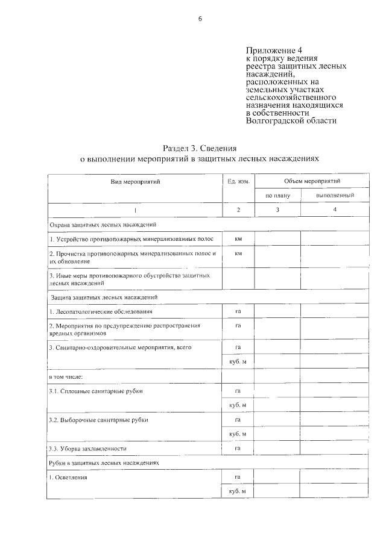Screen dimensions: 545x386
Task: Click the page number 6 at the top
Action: pyautogui.click(x=200, y=19)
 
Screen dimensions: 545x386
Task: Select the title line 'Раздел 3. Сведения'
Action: pyautogui.click(x=199, y=148)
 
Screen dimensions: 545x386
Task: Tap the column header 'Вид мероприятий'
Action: pyautogui.click(x=135, y=181)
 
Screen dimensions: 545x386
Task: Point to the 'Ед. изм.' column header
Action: pyautogui.click(x=238, y=181)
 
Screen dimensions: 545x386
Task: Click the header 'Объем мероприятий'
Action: pyautogui.click(x=312, y=181)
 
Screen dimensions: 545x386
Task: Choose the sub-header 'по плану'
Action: pyautogui.click(x=277, y=196)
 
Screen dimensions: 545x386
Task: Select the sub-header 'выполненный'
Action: pyautogui.click(x=335, y=196)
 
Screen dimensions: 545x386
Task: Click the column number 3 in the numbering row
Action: pyautogui.click(x=277, y=210)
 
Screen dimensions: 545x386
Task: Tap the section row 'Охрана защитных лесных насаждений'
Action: pyautogui.click(x=103, y=224)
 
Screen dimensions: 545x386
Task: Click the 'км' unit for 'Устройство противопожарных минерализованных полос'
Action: pyautogui.click(x=238, y=239)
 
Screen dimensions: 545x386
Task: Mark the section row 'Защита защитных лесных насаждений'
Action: pyautogui.click(x=104, y=297)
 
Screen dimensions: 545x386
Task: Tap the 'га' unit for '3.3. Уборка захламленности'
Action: pyautogui.click(x=238, y=448)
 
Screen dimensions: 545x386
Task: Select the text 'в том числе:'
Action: pyautogui.click(x=66, y=376)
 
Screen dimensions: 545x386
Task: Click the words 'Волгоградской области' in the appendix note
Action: pyautogui.click(x=291, y=120)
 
